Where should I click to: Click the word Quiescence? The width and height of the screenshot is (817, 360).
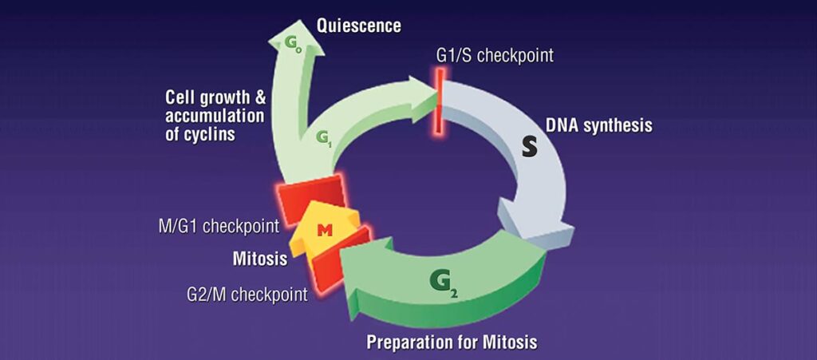(x=358, y=26)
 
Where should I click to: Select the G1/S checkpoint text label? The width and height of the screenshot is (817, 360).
(x=495, y=56)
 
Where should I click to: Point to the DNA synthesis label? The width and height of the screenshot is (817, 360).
(x=599, y=125)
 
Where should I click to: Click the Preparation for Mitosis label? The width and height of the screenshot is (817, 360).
(x=452, y=342)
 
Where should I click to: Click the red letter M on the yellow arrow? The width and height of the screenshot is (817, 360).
(x=325, y=230)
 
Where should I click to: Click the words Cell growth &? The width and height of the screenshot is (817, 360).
(x=215, y=97)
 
